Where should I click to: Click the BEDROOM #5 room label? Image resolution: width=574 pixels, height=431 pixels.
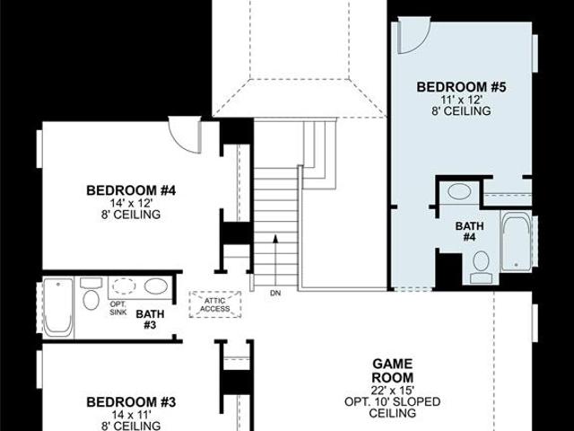pos(461,87)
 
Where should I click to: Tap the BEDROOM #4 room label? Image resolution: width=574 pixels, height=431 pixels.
pos(131,190)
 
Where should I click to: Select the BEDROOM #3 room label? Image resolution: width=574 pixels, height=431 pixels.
pos(131,402)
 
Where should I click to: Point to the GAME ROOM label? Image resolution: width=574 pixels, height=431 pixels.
pos(393,371)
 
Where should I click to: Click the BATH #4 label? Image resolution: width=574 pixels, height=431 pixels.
pos(469,232)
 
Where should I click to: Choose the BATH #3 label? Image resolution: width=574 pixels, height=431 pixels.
pos(150,320)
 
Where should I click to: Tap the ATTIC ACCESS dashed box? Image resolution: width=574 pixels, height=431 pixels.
pos(215,304)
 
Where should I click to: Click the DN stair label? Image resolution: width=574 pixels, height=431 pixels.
pos(275,294)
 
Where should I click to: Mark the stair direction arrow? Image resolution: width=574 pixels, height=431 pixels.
pos(275,260)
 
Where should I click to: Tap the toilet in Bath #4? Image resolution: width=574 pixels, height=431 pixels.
pos(481,267)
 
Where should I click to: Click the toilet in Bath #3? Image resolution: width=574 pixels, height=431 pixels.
pos(91,295)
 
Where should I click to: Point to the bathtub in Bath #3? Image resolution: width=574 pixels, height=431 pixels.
pos(58,307)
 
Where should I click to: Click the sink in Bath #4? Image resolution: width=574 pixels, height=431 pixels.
pos(459,191)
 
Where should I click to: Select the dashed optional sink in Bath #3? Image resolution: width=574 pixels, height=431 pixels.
pos(124,286)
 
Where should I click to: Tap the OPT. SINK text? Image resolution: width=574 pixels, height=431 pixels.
pos(117,308)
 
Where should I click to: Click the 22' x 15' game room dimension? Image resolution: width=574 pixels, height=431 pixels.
pos(393,390)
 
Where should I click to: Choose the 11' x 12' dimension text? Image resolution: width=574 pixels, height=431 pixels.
pos(461,100)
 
